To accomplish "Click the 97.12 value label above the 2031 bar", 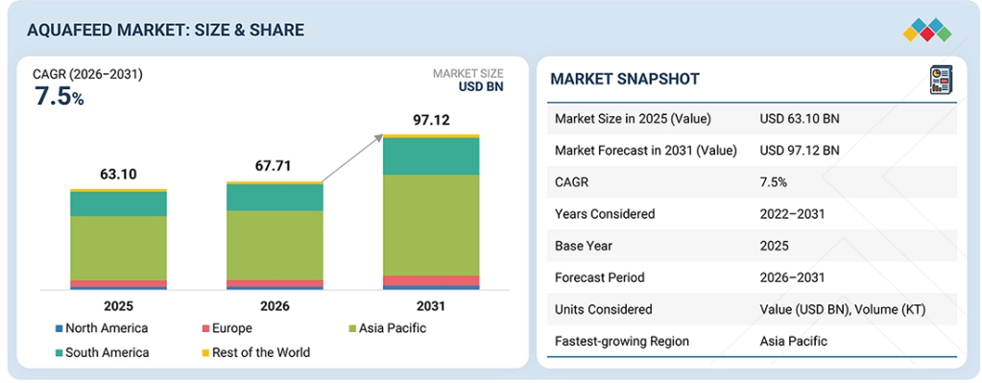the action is [x=431, y=120].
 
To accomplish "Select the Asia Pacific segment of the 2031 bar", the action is [x=431, y=225].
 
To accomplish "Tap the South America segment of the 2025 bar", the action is [x=118, y=204].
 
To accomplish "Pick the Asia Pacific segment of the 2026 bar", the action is [x=275, y=246].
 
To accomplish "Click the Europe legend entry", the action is [x=227, y=328].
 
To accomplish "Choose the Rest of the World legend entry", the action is [x=255, y=352].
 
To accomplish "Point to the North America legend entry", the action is [x=102, y=328].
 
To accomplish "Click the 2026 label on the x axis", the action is [x=275, y=306].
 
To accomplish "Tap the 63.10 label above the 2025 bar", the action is [x=118, y=174].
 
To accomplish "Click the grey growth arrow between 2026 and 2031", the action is [x=353, y=158].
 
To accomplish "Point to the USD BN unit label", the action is [x=481, y=87].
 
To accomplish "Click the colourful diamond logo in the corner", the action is [x=927, y=31].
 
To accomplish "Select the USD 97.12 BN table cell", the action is [x=800, y=150].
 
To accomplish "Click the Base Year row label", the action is [x=582, y=246].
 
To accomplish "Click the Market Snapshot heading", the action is [x=625, y=79].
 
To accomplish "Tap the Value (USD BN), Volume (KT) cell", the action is [x=843, y=309].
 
